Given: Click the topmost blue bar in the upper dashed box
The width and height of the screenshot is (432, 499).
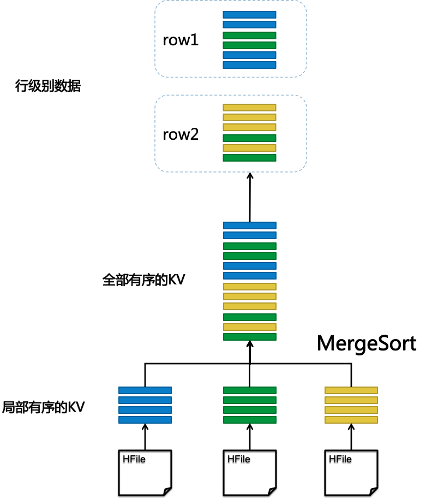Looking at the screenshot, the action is pyautogui.click(x=249, y=15).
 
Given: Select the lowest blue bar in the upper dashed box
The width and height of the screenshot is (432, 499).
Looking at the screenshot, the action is pyautogui.click(x=249, y=65).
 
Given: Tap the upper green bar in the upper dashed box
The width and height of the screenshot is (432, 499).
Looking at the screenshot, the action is pyautogui.click(x=249, y=35).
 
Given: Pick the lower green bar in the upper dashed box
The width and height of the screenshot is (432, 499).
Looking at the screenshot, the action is pyautogui.click(x=249, y=45).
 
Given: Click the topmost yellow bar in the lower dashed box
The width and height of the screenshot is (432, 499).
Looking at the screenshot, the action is pyautogui.click(x=249, y=108).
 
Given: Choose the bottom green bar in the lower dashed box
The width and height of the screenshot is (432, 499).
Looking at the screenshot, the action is pyautogui.click(x=249, y=158).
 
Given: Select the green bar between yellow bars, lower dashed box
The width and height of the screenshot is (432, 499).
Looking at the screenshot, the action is pyautogui.click(x=249, y=138).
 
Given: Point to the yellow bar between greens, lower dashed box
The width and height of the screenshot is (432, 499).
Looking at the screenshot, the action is pyautogui.click(x=249, y=148).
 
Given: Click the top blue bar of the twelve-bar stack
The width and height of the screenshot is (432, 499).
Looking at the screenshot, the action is pyautogui.click(x=250, y=225).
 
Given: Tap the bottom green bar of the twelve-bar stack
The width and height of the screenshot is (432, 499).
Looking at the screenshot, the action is pyautogui.click(x=250, y=337).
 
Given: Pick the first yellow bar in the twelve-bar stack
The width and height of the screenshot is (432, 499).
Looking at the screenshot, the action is pyautogui.click(x=250, y=287).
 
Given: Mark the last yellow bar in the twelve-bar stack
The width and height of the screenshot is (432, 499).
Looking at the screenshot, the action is pyautogui.click(x=250, y=327).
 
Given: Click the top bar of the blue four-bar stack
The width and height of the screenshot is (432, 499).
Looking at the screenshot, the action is pyautogui.click(x=145, y=390).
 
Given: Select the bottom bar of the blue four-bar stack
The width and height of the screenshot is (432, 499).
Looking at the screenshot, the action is pyautogui.click(x=145, y=420).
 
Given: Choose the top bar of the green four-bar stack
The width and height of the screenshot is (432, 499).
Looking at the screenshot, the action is pyautogui.click(x=250, y=390).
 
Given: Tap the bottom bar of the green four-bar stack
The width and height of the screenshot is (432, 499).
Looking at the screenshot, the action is pyautogui.click(x=250, y=420).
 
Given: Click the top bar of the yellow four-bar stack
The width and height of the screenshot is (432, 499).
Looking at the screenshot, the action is pyautogui.click(x=351, y=390).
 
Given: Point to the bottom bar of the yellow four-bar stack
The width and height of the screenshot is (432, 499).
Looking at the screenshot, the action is pyautogui.click(x=351, y=420).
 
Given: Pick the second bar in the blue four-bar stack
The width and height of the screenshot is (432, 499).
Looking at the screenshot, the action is pyautogui.click(x=145, y=400).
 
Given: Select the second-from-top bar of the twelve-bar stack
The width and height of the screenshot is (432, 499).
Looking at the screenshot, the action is pyautogui.click(x=250, y=235).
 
